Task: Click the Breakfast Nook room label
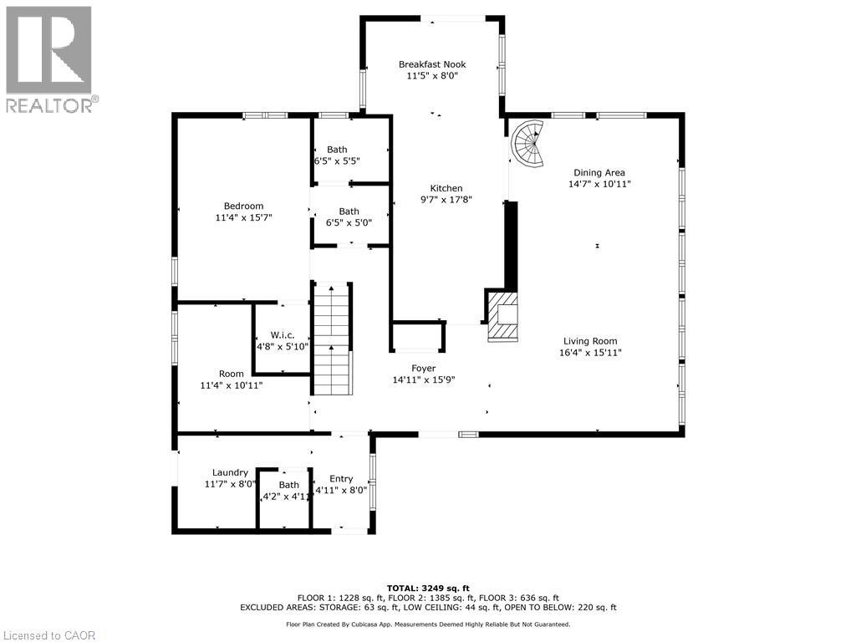tap(432, 64)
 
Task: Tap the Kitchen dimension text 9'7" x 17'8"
tap(446, 200)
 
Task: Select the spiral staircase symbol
tap(528, 143)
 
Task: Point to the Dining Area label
tap(599, 172)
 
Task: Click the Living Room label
tap(590, 341)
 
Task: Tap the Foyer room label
tap(423, 369)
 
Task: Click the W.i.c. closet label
tap(283, 335)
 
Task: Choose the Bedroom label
tap(243, 206)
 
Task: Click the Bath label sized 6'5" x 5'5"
tap(337, 149)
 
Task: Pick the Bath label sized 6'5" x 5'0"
tap(349, 211)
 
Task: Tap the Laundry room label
tap(230, 472)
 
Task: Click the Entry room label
tap(341, 479)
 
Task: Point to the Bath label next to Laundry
tap(288, 485)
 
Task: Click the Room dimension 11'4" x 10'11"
tap(232, 385)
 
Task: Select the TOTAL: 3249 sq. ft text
tap(428, 588)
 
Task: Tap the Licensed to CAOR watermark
tap(48, 635)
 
